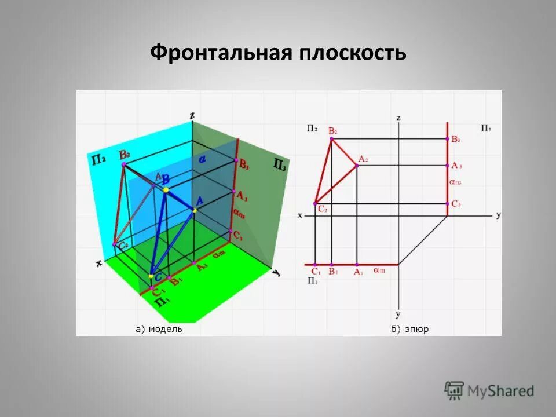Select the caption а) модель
pyautogui.click(x=159, y=329)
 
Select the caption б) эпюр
pyautogui.click(x=409, y=329)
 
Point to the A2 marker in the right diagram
pyautogui.click(x=357, y=166)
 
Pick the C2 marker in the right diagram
pyautogui.click(x=315, y=204)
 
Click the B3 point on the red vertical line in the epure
pyautogui.click(x=448, y=138)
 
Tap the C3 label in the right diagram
pyautogui.click(x=456, y=204)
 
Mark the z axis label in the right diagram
pyautogui.click(x=398, y=118)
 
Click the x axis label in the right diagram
pyautogui.click(x=300, y=215)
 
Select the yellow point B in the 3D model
pyautogui.click(x=166, y=190)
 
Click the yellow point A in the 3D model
pyautogui.click(x=195, y=210)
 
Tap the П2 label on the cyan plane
pyautogui.click(x=97, y=159)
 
